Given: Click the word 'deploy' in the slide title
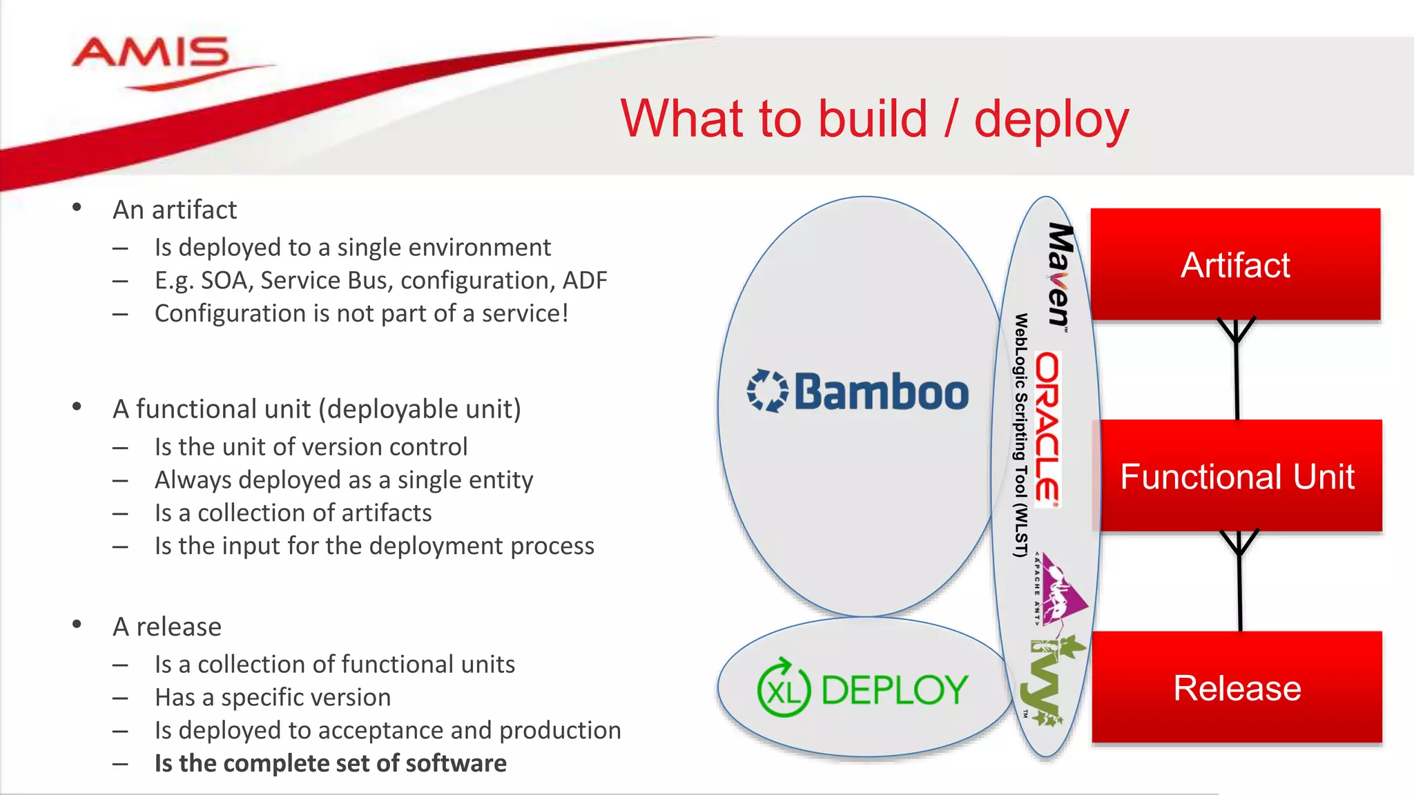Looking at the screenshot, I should click(1051, 119).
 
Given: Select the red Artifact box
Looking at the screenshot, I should click(1235, 265).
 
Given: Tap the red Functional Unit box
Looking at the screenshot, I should click(1237, 476).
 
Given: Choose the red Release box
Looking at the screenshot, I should click(1237, 688).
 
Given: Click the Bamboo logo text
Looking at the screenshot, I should click(882, 391).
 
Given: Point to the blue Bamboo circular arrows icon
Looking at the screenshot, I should click(767, 391).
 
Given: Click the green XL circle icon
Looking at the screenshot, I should click(784, 689).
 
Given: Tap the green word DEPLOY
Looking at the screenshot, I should click(895, 690).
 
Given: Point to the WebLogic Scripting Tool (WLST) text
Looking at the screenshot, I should click(1020, 435).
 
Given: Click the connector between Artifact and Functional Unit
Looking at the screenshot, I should click(1237, 369).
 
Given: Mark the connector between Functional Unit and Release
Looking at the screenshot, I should click(1239, 581).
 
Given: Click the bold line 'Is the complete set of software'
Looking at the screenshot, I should click(330, 763).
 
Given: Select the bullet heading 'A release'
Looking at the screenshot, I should click(167, 627).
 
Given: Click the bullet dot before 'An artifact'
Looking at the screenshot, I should click(77, 207).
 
